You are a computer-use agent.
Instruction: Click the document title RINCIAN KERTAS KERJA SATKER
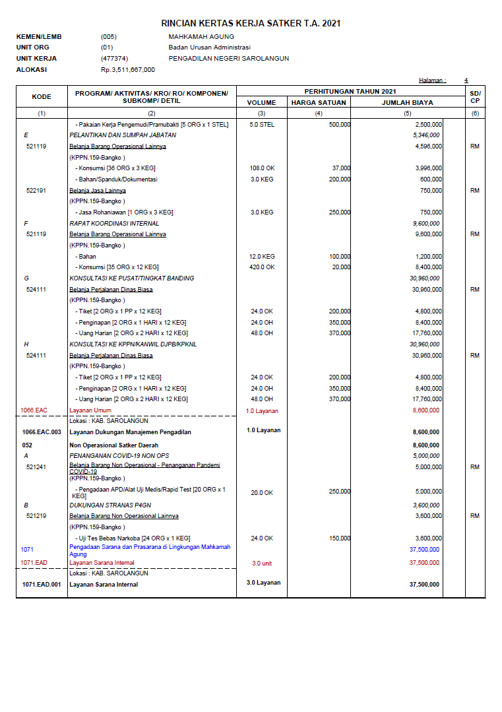251,23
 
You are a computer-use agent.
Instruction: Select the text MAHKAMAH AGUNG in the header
201,37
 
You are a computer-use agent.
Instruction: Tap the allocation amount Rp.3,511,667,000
128,69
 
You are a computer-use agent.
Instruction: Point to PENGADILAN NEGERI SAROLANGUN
228,58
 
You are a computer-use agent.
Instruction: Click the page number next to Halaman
466,81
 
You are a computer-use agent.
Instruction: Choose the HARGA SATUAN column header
319,102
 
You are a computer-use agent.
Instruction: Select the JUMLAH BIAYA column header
408,102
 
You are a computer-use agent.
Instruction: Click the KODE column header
42,96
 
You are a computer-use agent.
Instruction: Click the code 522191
36,190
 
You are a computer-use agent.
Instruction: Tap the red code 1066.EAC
34,410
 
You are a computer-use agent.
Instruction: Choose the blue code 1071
26,549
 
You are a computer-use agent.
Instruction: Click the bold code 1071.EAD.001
42,585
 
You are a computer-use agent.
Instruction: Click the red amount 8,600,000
427,410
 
